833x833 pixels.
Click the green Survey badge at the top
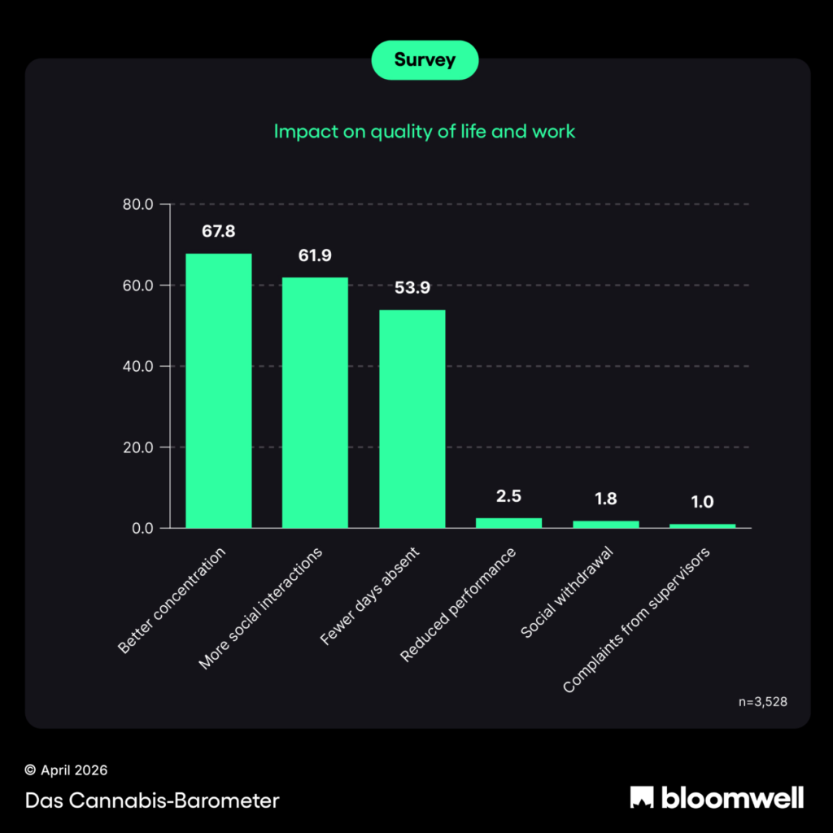pos(425,60)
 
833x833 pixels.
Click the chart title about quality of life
pos(424,131)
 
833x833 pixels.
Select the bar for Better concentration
pos(218,391)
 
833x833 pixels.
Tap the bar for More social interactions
pos(315,403)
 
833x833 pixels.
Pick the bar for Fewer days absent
pos(412,419)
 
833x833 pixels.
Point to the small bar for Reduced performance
pos(508,523)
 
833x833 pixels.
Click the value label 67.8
pos(218,232)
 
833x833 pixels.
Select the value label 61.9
pos(315,256)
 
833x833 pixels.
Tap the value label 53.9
pos(412,288)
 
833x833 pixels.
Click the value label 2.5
pos(508,496)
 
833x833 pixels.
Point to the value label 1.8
pos(605,499)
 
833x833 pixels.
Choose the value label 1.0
pos(702,503)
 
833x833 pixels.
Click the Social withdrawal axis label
pos(566,592)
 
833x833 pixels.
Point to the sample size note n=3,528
pos(762,701)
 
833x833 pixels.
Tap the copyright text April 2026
pos(66,770)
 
